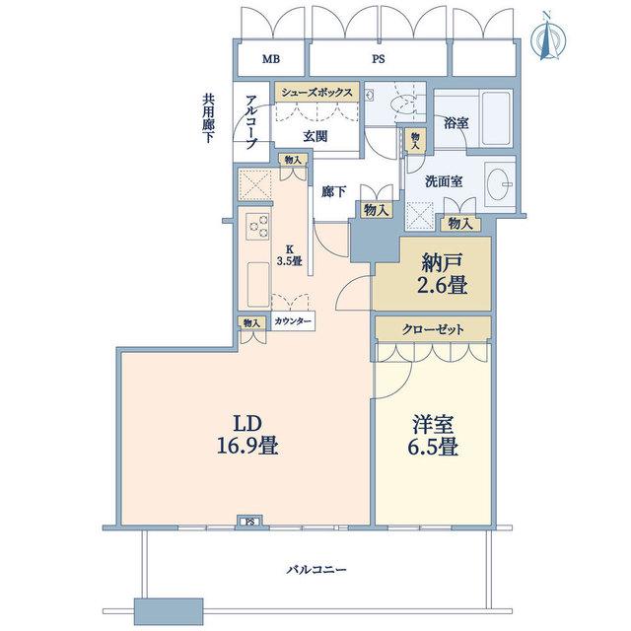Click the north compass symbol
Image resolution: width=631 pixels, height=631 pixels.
pos(548,36)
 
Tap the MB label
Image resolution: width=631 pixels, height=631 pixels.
pos(271,59)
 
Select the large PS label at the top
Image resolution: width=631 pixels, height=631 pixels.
pos(378,59)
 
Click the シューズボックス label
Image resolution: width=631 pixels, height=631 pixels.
pos(316,93)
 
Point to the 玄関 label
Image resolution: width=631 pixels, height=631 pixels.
pos(315,137)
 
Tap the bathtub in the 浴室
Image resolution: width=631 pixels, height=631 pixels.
pos(497,119)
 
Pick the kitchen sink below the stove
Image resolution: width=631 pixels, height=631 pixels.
pos(258,284)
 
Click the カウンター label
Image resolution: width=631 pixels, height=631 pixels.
pos(293,321)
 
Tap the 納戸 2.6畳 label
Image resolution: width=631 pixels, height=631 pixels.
pos(444,275)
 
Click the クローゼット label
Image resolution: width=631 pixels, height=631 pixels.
pos(433,329)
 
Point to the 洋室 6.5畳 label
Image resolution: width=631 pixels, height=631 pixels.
pos(433,436)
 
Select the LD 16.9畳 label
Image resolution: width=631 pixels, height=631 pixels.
pos(247,435)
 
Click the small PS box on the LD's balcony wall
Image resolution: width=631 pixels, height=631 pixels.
pos(249,522)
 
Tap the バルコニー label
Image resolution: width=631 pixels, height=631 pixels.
pos(316,570)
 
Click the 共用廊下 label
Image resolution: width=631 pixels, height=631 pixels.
pos(208,119)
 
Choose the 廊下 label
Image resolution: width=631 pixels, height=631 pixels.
pos(333,192)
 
